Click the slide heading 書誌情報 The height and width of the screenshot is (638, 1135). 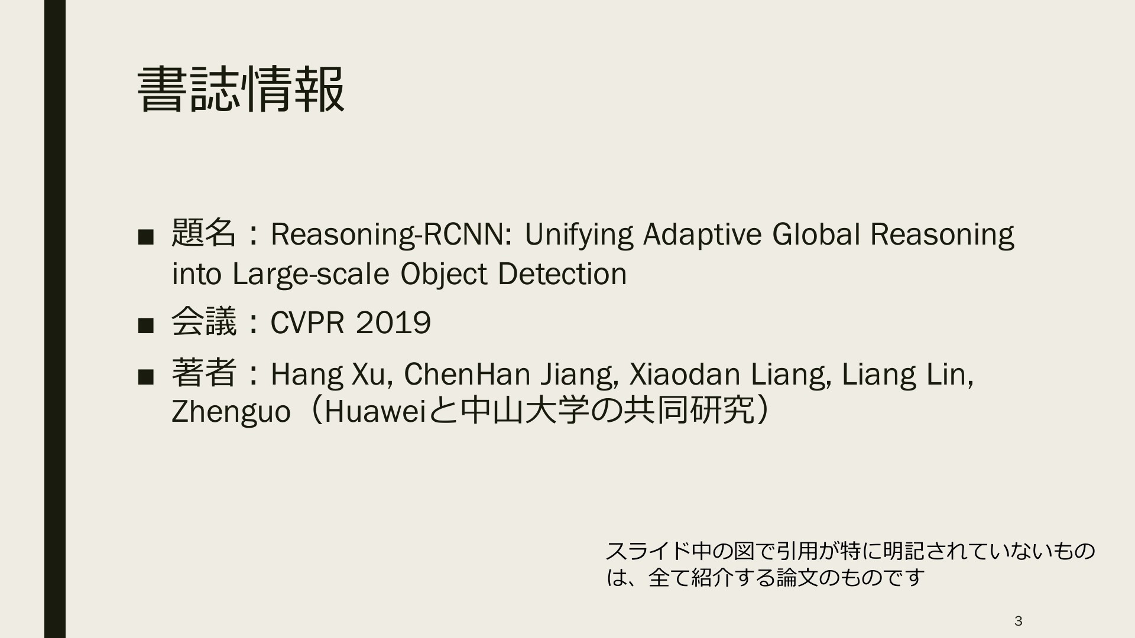click(241, 89)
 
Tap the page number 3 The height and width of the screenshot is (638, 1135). click(1018, 621)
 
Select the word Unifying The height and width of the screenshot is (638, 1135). click(579, 235)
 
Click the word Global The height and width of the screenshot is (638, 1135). click(816, 234)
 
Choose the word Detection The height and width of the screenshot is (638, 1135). click(562, 274)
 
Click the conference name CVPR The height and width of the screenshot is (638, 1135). click(307, 323)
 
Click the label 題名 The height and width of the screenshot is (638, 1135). click(204, 233)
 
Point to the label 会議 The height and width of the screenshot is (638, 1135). click(204, 322)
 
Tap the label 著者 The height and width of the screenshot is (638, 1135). click(204, 373)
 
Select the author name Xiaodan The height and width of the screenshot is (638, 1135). click(685, 374)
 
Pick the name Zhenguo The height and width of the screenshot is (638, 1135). click(231, 412)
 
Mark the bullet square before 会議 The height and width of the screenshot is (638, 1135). click(145, 325)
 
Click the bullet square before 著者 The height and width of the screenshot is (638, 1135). click(145, 376)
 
